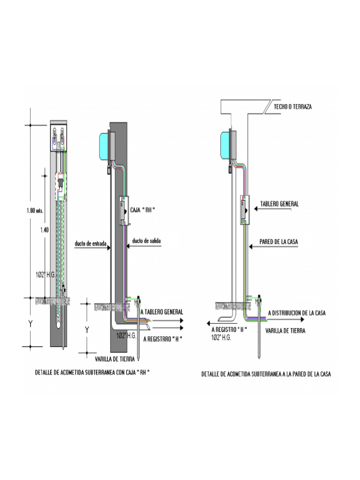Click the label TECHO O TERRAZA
pos(293,107)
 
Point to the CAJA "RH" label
pos(142,210)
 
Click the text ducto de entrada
pos(90,244)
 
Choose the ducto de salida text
pos(147,240)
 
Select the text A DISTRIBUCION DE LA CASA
pos(296,313)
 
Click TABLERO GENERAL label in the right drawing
pos(279,204)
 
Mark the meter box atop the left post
pos(59,138)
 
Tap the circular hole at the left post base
pos(58,324)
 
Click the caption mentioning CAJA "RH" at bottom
pos(95,373)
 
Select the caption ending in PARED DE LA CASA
pos(266,374)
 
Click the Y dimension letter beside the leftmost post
pos(30,323)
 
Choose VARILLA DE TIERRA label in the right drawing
pos(285,330)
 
